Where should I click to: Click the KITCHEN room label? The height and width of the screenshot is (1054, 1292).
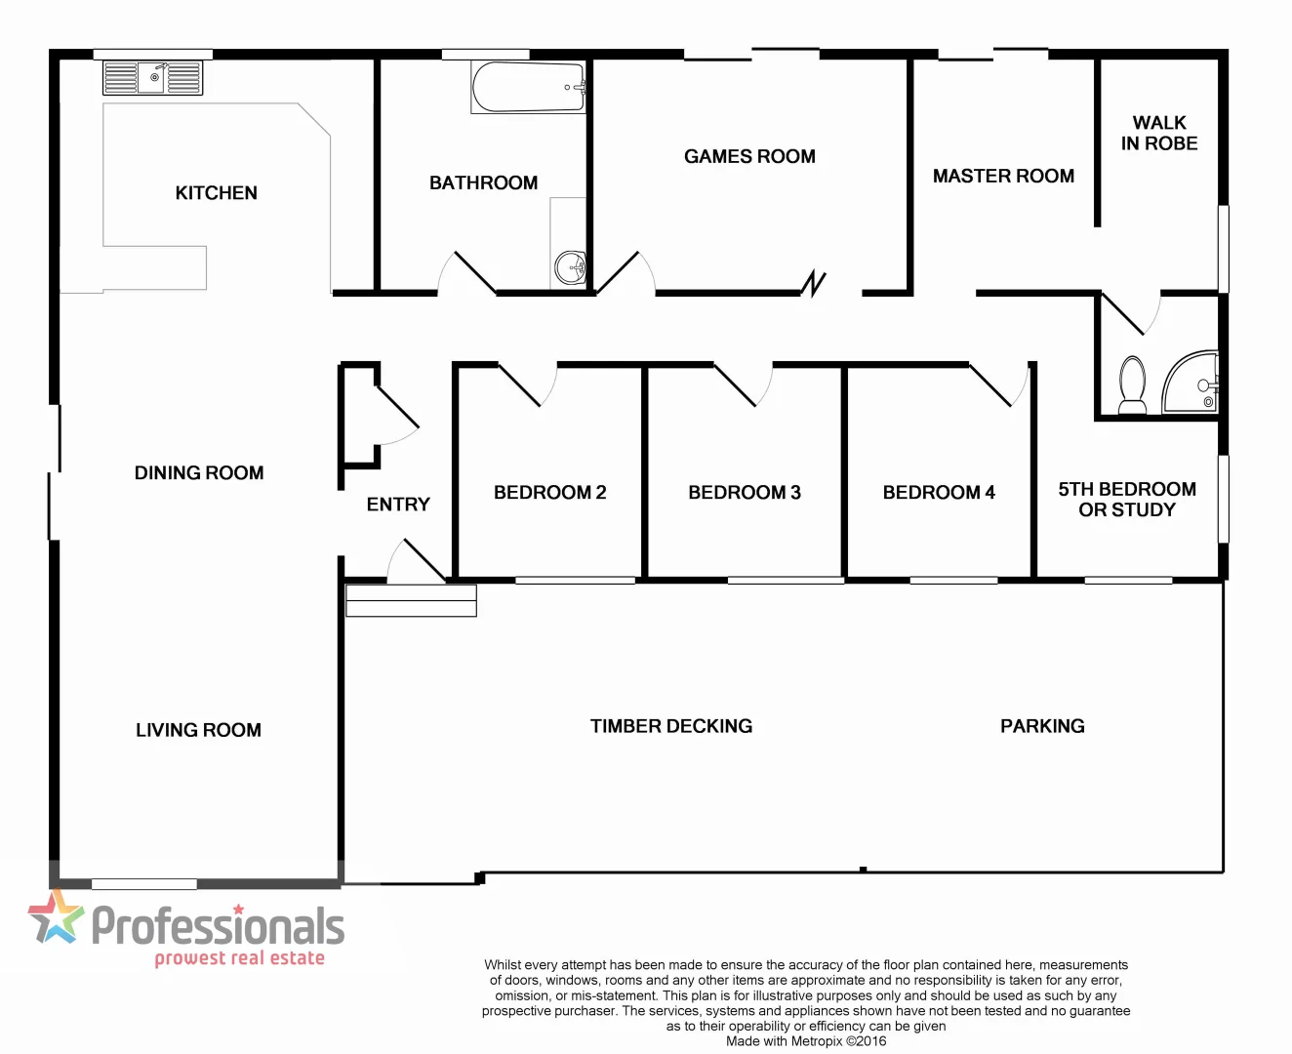pyautogui.click(x=216, y=193)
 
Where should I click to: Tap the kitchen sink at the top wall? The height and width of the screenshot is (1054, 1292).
pyautogui.click(x=153, y=78)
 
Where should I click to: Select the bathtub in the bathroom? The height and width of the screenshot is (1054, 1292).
pyautogui.click(x=528, y=88)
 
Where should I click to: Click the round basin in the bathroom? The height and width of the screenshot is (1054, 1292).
pyautogui.click(x=570, y=266)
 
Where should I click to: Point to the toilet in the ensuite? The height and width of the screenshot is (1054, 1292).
pyautogui.click(x=1133, y=385)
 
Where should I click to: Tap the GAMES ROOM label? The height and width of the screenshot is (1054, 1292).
pyautogui.click(x=749, y=156)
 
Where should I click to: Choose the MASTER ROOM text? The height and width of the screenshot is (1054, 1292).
pyautogui.click(x=1003, y=176)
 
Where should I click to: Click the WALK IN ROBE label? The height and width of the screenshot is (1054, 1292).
pyautogui.click(x=1159, y=133)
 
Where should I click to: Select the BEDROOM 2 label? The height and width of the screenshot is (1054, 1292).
pyautogui.click(x=549, y=493)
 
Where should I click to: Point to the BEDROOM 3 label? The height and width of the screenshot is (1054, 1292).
pyautogui.click(x=745, y=493)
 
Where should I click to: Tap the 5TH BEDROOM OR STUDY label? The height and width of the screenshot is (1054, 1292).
pyautogui.click(x=1127, y=499)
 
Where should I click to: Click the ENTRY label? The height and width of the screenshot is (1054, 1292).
pyautogui.click(x=398, y=505)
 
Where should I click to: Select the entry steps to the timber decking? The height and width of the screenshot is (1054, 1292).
pyautogui.click(x=411, y=600)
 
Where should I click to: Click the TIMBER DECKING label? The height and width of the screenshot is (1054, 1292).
pyautogui.click(x=671, y=726)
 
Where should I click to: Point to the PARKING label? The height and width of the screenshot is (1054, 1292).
pyautogui.click(x=1042, y=726)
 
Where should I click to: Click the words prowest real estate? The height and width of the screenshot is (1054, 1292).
pyautogui.click(x=239, y=958)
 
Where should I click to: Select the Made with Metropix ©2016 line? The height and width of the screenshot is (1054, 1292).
pyautogui.click(x=806, y=1041)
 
